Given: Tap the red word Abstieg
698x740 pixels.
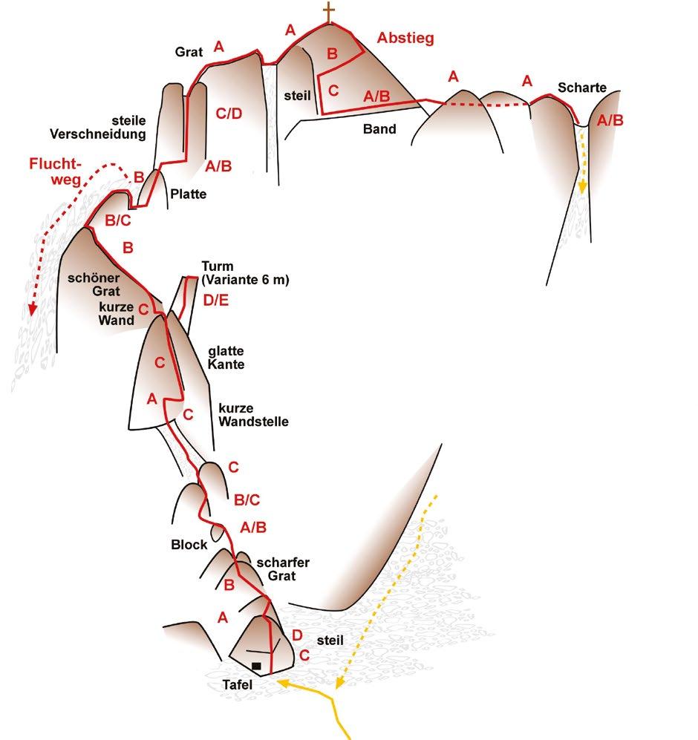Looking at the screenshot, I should tap(405, 38).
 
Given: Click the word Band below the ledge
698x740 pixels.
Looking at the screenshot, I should tap(379, 128).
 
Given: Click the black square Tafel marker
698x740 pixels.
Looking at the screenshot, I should tap(255, 667).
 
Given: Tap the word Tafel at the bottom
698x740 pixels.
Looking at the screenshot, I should tap(237, 685).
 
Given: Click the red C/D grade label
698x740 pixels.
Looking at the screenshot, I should tap(229, 113).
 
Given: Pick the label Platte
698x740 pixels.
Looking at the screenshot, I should tap(188, 194).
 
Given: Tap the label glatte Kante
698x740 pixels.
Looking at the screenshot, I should tap(226, 358).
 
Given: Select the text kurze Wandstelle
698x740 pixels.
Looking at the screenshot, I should tap(253, 415).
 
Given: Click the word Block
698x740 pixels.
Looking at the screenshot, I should tap(189, 544).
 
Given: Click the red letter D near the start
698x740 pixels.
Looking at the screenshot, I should tap(296, 635).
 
